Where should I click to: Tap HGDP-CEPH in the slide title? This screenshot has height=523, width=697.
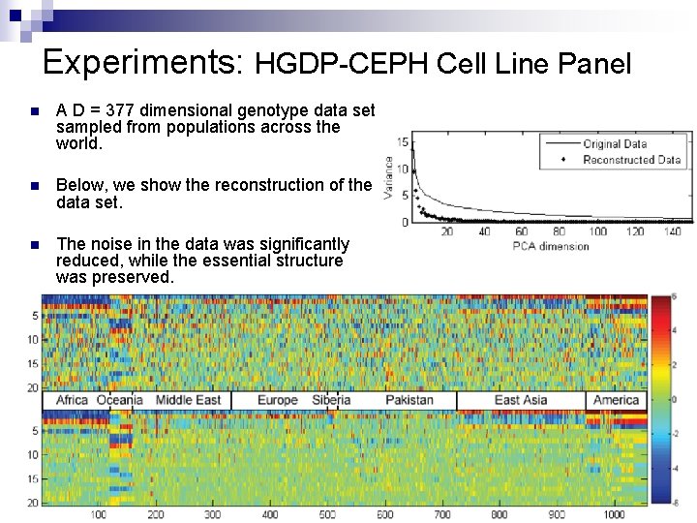341,65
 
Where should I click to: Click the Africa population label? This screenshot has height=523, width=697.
72,400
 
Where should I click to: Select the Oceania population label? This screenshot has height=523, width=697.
120,400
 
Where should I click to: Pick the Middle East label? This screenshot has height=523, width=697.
188,400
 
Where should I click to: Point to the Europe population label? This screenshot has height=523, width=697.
278,400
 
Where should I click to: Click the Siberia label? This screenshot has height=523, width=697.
331,400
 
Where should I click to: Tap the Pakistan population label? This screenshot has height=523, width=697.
409,400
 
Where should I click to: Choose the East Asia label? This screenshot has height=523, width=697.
521,400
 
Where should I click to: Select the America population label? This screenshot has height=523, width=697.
616,400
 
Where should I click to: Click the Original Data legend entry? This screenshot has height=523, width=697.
615,144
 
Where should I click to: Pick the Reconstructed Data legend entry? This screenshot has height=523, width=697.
631,160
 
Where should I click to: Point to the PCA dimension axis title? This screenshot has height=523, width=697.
550,246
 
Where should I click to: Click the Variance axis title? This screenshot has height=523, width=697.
389,179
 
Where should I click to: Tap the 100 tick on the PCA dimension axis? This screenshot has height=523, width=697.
598,232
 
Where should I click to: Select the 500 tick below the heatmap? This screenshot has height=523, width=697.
327,514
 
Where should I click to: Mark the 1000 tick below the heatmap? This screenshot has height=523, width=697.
612,514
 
